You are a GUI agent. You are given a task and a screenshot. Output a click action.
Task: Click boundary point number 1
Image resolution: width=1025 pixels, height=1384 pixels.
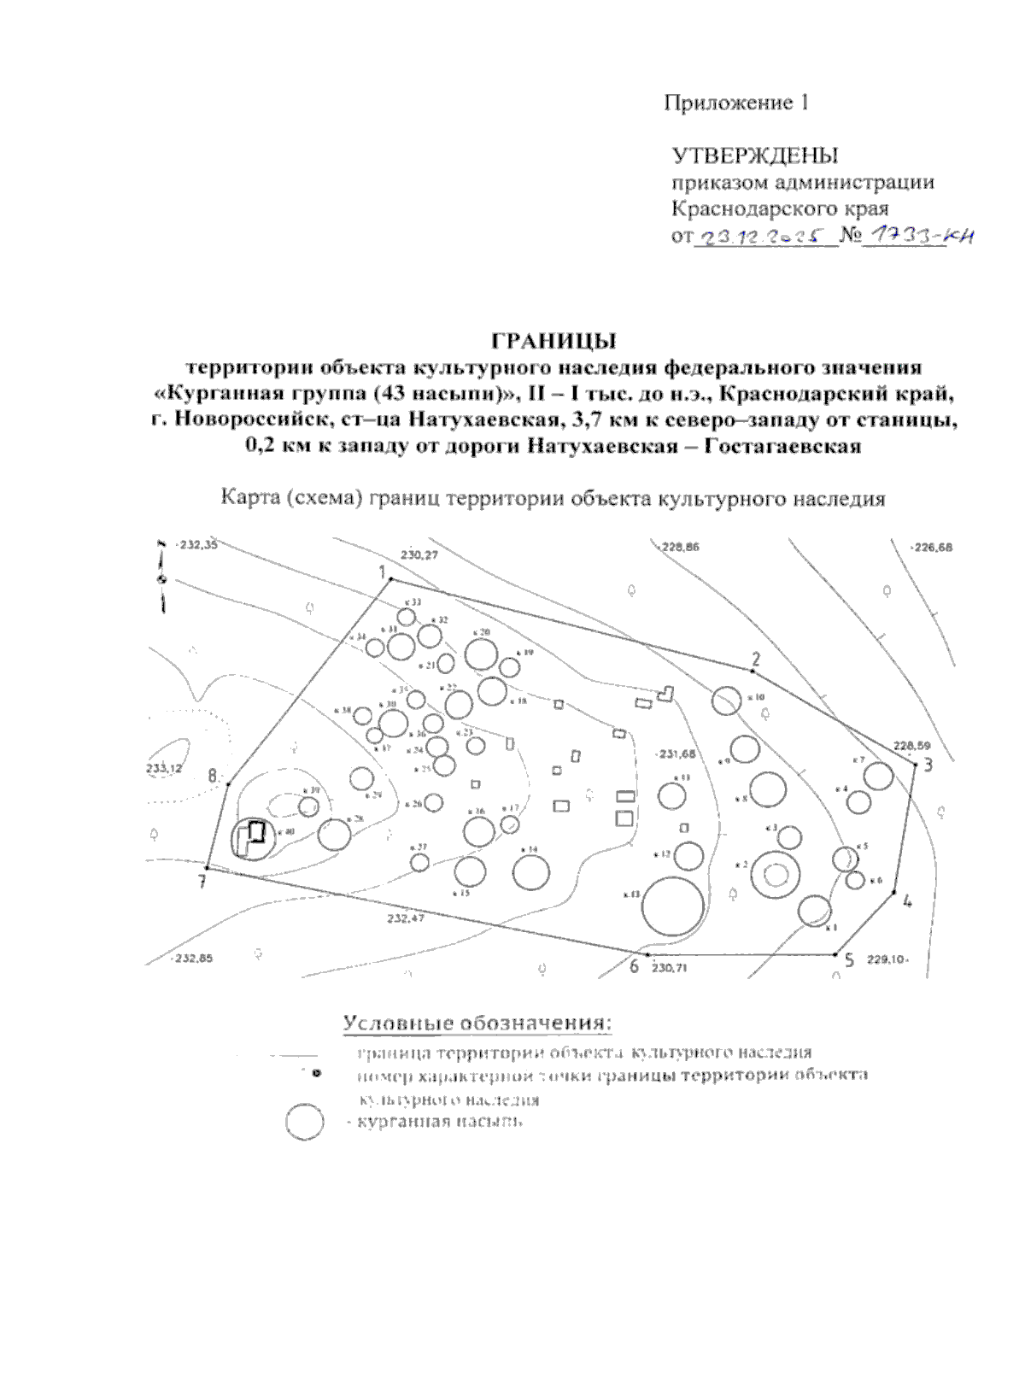(391, 579)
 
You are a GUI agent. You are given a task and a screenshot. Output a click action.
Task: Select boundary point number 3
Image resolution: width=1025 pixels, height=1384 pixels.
(916, 763)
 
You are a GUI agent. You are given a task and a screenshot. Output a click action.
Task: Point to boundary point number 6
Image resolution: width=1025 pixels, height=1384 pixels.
(648, 953)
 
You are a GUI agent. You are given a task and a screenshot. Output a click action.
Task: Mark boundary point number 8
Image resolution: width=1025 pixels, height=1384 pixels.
(229, 783)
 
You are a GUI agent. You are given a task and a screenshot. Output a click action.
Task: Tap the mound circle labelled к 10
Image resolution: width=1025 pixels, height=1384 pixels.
(727, 700)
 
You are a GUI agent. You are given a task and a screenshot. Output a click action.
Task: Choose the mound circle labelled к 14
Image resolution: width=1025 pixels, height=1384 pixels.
(531, 871)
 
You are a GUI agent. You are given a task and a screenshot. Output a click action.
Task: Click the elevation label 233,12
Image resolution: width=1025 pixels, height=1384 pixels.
(164, 768)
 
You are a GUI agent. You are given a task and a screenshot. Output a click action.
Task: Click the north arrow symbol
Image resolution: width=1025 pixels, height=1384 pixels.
(161, 578)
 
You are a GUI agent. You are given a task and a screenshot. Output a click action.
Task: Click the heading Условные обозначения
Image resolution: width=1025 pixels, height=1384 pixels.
(478, 1023)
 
